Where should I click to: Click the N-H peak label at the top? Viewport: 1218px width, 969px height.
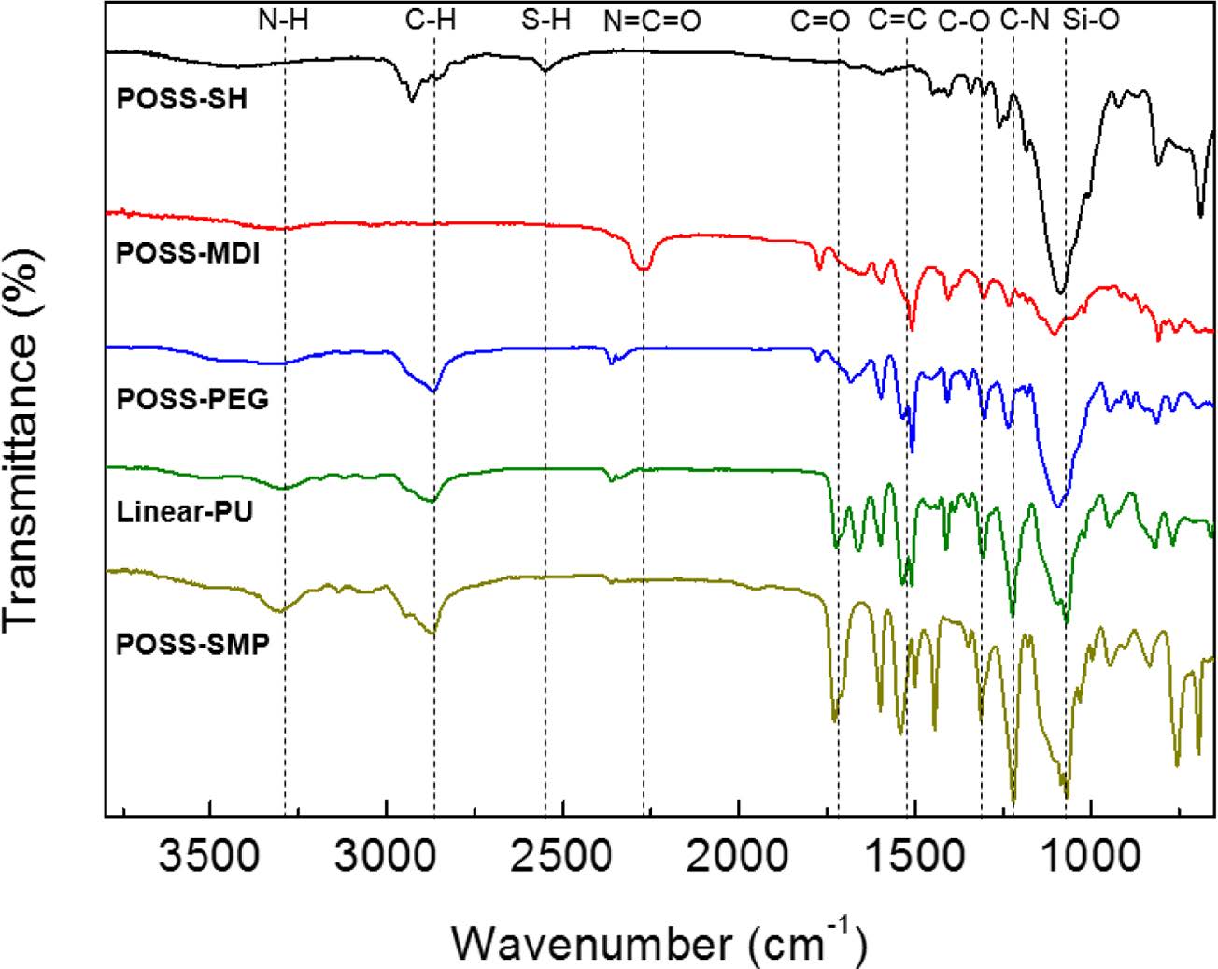pos(283,21)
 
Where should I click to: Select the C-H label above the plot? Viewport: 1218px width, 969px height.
pos(432,21)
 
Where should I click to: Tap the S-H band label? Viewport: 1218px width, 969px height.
pos(545,21)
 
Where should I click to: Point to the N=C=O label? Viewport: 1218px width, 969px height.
pos(652,21)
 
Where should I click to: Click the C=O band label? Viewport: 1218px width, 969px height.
pos(820,21)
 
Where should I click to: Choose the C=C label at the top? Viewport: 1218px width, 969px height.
pos(897,21)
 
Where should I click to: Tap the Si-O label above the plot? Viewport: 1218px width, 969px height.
pos(1091,21)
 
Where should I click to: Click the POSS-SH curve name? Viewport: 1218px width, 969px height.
pos(182,98)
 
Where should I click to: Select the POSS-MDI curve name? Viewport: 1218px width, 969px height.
pos(188,253)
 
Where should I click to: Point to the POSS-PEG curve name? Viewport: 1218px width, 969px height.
pos(192,399)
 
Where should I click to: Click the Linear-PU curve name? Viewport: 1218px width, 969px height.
pos(185,512)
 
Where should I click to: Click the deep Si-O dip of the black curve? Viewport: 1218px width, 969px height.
pos(1059,291)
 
